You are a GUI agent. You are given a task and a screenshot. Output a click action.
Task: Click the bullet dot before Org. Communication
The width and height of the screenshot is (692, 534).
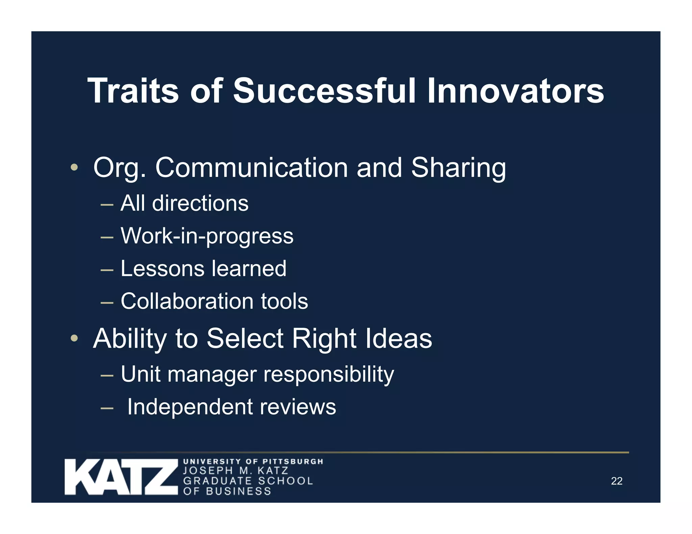click(74, 167)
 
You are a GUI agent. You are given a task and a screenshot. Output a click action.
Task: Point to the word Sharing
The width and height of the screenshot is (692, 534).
click(458, 167)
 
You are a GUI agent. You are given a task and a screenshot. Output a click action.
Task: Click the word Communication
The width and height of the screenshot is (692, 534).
click(251, 167)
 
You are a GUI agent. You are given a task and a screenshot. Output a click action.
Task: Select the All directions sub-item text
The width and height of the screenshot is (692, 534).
click(184, 203)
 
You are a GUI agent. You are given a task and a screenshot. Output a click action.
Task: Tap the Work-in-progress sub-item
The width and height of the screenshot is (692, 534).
click(207, 236)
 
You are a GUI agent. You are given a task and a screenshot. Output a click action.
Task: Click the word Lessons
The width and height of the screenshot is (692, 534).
click(162, 268)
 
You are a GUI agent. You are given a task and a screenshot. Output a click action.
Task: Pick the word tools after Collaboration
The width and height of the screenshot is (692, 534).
click(284, 301)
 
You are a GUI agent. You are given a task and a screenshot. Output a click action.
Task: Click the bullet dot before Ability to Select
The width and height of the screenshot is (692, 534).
click(74, 338)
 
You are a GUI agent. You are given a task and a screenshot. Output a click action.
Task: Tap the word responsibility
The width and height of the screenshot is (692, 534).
click(328, 374)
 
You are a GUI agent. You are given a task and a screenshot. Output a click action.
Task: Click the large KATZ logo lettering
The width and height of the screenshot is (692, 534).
click(121, 477)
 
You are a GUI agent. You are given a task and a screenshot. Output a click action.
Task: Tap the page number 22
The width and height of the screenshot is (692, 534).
click(616, 481)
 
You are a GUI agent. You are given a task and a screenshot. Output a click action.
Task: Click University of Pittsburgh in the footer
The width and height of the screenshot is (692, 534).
click(253, 461)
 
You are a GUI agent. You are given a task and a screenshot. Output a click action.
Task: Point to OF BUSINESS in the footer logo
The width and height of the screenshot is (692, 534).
click(227, 491)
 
